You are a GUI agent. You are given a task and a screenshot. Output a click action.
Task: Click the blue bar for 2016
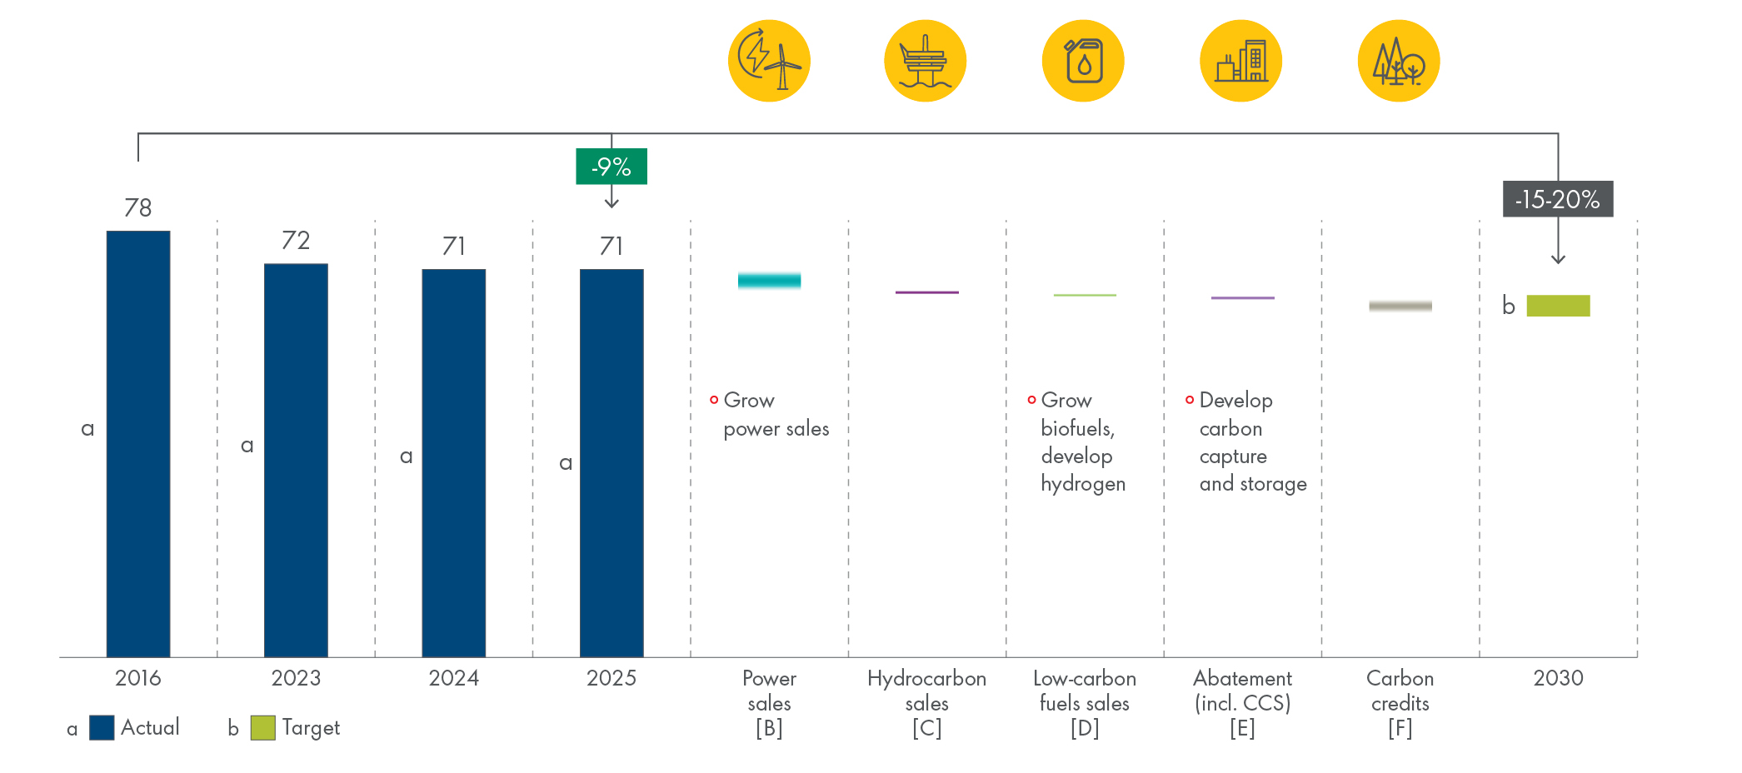[x=138, y=443]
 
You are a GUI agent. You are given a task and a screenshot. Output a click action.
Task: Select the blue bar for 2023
[x=296, y=460]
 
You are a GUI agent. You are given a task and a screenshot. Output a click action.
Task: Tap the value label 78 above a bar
[x=138, y=207]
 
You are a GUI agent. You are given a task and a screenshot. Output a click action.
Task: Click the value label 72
[x=296, y=241]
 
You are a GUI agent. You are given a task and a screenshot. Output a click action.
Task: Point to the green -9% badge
[x=611, y=167]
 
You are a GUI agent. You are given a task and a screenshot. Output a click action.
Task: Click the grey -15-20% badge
[x=1557, y=199]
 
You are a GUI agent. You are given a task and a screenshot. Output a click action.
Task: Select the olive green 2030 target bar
[x=1558, y=306]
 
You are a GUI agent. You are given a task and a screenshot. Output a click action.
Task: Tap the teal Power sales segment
[x=769, y=281]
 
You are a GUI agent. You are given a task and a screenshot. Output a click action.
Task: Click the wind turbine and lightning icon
[x=769, y=61]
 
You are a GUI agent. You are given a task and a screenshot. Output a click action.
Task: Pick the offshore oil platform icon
[x=926, y=61]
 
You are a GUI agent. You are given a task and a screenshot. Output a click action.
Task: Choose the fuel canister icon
[x=1083, y=61]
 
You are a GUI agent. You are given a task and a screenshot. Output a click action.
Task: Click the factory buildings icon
[x=1241, y=61]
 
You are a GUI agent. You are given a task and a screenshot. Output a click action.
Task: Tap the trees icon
[x=1399, y=61]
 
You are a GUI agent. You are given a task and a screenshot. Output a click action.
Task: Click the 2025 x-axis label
[x=611, y=678]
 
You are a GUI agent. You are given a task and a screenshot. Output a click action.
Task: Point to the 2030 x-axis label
[x=1558, y=678]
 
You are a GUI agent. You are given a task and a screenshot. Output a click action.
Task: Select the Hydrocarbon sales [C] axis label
[x=926, y=703]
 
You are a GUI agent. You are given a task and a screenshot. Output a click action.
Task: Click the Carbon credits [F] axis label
[x=1400, y=703]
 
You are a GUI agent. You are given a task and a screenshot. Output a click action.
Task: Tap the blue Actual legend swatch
[x=102, y=727]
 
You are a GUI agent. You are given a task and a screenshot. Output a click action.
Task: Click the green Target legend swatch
[x=262, y=727]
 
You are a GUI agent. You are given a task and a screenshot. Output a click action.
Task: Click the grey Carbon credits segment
[x=1400, y=307]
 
